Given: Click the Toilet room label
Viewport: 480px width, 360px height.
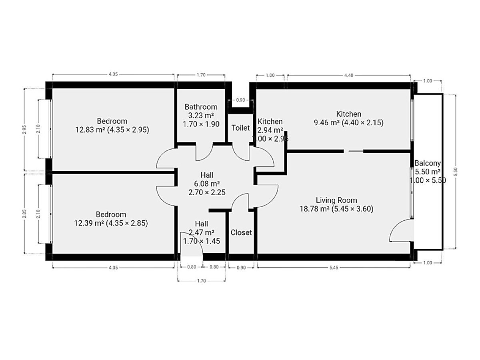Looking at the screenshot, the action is point(240,128).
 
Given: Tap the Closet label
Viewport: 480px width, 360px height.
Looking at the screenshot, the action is point(241,232).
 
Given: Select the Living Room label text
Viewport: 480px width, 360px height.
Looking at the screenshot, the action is point(336,200).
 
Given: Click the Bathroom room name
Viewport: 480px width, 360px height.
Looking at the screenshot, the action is point(201,107).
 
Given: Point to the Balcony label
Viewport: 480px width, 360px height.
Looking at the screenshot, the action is point(428,163).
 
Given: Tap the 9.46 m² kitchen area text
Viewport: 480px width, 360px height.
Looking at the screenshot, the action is point(326,123).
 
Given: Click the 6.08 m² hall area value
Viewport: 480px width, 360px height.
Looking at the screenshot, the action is point(207,184).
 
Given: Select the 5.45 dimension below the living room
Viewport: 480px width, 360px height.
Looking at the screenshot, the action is point(334,268).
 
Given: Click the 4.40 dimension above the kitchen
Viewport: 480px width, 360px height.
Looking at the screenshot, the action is point(348,76).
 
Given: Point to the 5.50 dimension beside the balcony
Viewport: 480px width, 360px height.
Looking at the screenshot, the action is point(456,172).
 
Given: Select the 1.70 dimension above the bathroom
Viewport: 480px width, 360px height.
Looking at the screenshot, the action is point(201,75).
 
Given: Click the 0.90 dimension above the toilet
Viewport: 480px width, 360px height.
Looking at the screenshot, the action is point(240,100).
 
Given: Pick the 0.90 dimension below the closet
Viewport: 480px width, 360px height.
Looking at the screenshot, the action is point(241,268).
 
